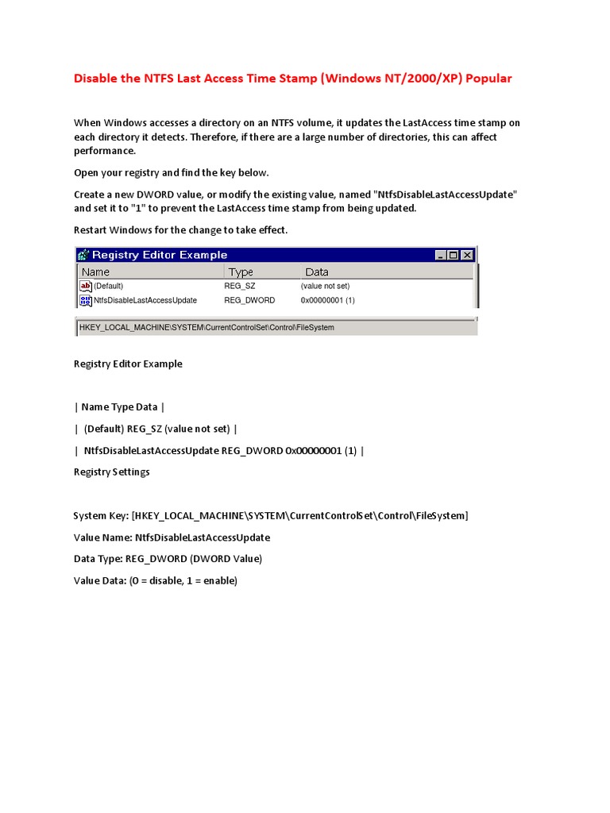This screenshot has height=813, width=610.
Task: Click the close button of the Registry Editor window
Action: point(467,255)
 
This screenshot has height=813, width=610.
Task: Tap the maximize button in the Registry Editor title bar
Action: point(454,255)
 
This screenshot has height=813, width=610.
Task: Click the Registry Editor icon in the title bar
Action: point(83,255)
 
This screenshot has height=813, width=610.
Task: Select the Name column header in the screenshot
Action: point(96,272)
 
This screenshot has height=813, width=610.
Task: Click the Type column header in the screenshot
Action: point(241,272)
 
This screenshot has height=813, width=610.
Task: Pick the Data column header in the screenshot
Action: point(317,272)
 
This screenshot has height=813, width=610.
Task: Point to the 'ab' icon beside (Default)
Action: point(86,286)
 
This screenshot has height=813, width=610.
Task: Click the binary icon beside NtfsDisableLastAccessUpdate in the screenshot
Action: point(86,300)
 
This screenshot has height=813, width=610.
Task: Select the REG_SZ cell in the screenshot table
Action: point(240,286)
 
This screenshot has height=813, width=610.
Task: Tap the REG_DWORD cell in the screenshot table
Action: point(249,300)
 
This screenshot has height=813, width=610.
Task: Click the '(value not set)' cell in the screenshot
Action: point(325,286)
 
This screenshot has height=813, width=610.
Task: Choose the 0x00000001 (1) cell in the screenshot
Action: point(327,300)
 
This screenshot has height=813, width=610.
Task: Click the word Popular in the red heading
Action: point(489,78)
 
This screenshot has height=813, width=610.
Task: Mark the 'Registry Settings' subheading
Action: point(111,472)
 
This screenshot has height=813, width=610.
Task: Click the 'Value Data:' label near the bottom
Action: point(99,580)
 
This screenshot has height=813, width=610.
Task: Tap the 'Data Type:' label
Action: point(98,559)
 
